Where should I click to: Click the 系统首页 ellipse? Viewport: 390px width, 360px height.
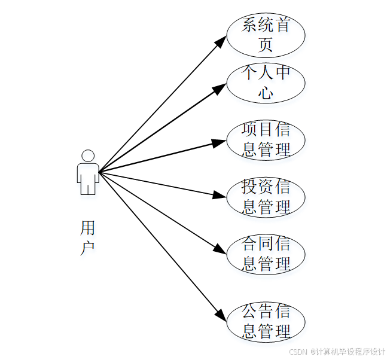tap(266, 35)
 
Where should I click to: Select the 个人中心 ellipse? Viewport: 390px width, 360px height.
tap(266, 83)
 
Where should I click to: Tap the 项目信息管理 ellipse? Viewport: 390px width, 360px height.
tap(266, 140)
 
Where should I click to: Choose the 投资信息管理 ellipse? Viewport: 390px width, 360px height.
tap(266, 197)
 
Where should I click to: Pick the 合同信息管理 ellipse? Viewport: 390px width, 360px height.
tap(266, 254)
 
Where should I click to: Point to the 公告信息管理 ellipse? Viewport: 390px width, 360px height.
tap(266, 322)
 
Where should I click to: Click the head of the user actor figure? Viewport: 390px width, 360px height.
tap(88, 155)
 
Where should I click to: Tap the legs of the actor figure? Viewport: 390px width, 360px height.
tap(88, 187)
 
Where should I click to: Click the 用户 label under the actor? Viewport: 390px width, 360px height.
tap(87, 237)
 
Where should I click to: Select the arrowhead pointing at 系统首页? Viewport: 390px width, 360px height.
tap(221, 41)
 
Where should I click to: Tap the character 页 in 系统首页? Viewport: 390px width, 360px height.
tap(266, 44)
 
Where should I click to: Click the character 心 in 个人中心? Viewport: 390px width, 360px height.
tap(266, 93)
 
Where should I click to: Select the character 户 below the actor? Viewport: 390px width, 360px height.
tap(87, 248)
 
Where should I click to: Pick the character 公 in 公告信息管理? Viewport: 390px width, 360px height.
tap(249, 312)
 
